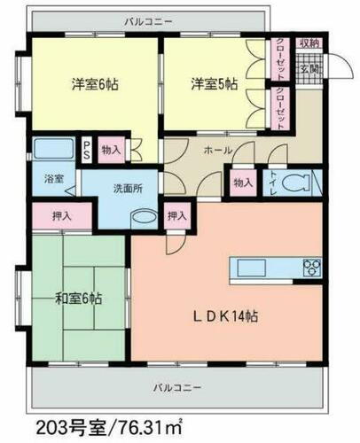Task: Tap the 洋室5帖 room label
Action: tap(214, 85)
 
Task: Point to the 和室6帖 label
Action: tap(78, 299)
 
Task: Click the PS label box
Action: tap(88, 151)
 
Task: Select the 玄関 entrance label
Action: tap(308, 68)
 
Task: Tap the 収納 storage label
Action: tap(308, 43)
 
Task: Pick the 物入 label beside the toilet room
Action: tap(242, 183)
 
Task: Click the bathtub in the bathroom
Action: tap(54, 148)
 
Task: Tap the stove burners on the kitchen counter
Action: tap(313, 267)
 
